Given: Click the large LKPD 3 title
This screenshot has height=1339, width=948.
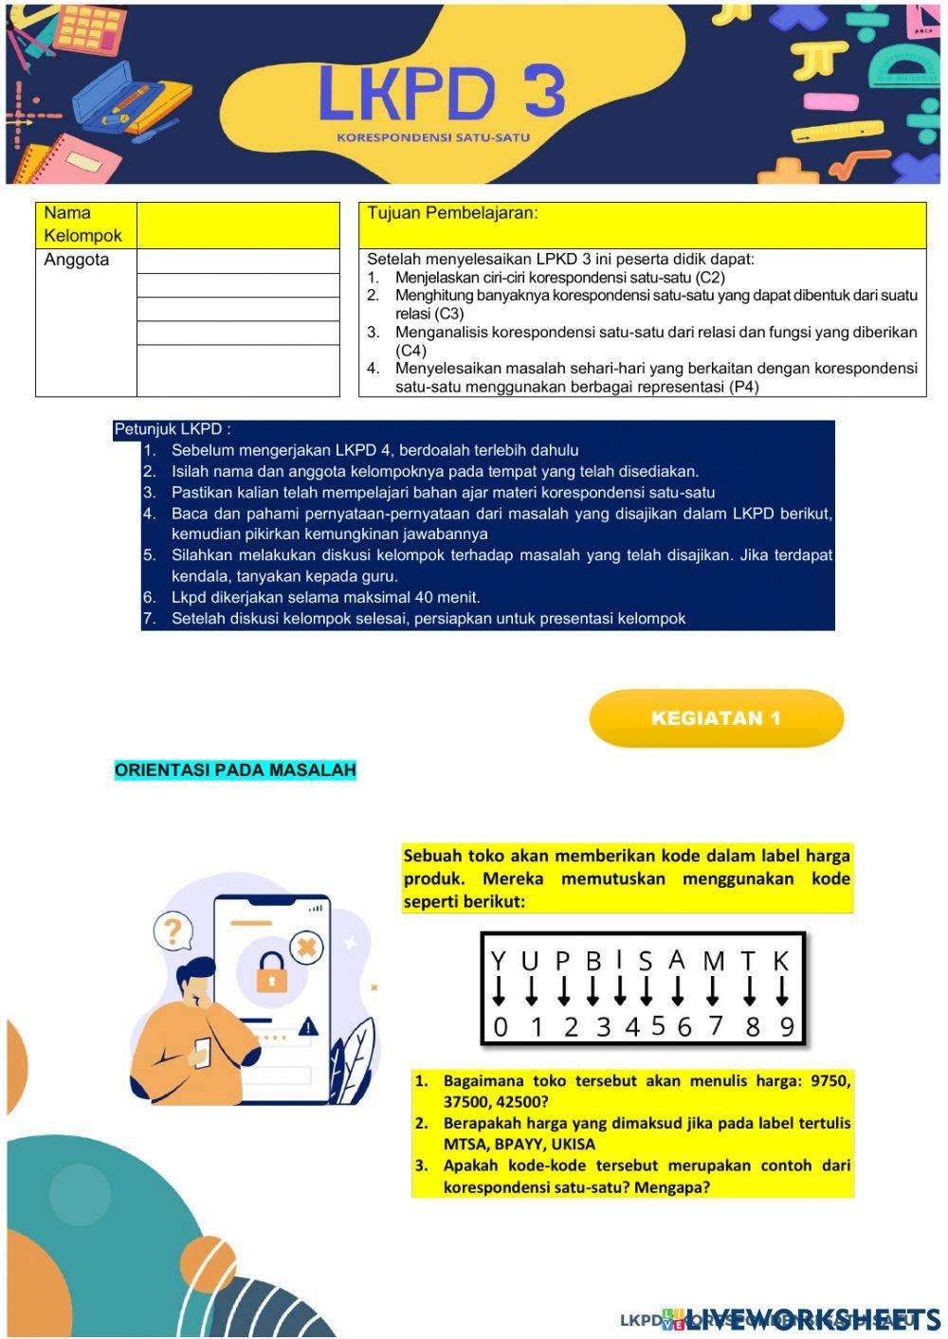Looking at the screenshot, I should (441, 93).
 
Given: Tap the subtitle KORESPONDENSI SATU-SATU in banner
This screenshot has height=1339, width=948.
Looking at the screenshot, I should (433, 137).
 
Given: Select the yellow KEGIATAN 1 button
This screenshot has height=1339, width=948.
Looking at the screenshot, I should (716, 718).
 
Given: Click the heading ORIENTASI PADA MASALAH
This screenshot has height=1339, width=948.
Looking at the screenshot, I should (235, 769).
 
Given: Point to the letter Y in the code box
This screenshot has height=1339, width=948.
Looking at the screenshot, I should (499, 962).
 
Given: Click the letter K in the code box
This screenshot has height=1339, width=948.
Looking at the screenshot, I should (781, 962).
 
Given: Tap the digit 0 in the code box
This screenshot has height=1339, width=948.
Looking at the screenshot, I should (501, 1027).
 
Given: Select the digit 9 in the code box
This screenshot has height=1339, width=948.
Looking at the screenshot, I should (786, 1027).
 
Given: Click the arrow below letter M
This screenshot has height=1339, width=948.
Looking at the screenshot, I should (713, 992).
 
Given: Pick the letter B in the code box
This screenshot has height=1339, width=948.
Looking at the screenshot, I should (593, 962).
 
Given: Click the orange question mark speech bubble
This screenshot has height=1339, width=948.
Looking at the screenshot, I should (173, 932).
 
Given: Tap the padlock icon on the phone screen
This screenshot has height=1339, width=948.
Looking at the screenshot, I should (271, 971).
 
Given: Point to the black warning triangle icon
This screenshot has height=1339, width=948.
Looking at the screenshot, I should (308, 1026).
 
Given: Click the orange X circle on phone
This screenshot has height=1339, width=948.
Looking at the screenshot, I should (306, 946).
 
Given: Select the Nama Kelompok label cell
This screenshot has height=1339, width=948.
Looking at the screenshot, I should (85, 225).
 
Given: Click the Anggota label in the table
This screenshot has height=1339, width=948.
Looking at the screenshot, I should (77, 260).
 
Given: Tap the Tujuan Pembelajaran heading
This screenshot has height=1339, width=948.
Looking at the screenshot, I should (452, 213).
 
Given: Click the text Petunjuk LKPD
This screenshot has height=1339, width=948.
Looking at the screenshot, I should (173, 429).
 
